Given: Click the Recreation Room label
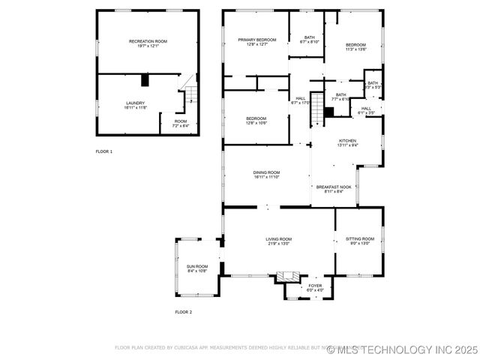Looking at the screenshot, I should pos(148,41).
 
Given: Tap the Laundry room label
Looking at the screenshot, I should pos(136,103).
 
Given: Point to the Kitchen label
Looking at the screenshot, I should pos(346,140).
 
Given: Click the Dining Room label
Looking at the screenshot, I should pos(266,172).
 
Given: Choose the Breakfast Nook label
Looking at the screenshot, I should pos(334,187).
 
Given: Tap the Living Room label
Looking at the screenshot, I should pos(278,238).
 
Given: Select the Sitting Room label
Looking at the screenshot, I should pos(360,238).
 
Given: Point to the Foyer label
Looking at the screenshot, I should pos(315,285).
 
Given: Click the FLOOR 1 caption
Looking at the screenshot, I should pos(103,151).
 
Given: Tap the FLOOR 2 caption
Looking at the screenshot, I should pos(184,311).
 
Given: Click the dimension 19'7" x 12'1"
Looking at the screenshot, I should pos(148,46).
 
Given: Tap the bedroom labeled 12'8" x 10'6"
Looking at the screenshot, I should pos(256,120).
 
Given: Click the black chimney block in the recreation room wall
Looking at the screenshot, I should pos(145,79).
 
